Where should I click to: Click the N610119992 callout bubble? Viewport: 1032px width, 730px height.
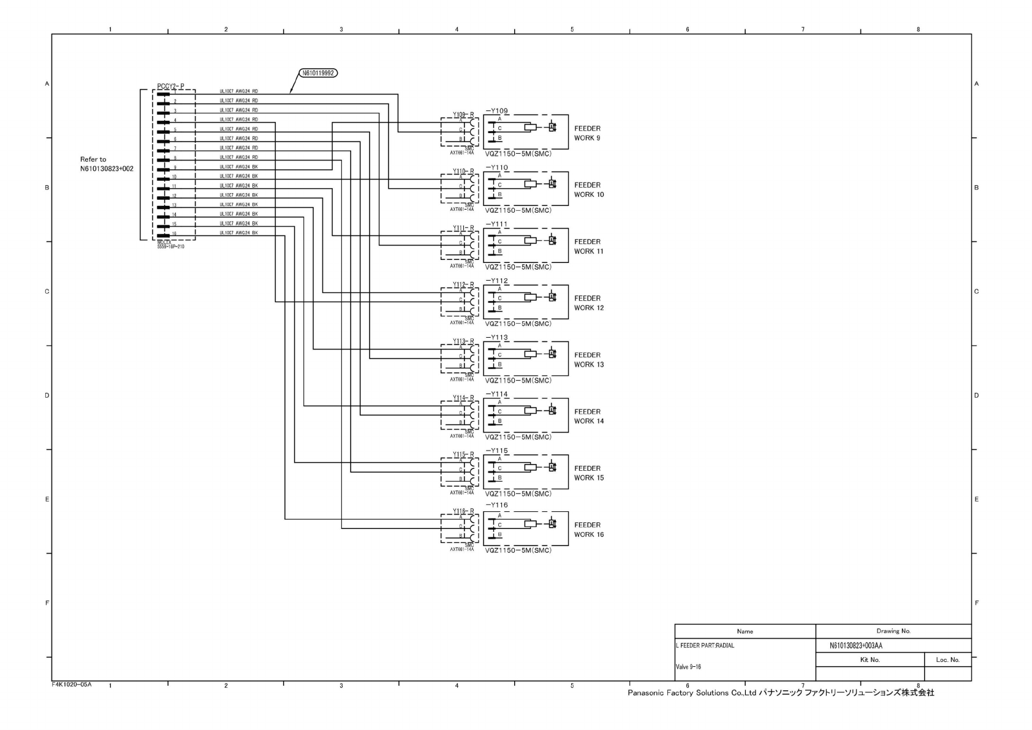coord(318,74)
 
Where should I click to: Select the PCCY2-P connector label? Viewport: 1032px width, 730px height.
coord(170,86)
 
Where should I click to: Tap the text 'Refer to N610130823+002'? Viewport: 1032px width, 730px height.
coord(106,164)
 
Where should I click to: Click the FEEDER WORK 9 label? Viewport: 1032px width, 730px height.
coord(587,133)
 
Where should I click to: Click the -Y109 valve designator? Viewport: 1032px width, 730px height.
coord(496,111)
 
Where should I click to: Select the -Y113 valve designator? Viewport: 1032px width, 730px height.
coord(496,338)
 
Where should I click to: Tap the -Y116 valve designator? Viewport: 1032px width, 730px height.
coord(496,505)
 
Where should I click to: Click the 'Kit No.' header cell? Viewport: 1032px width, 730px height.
coord(870,660)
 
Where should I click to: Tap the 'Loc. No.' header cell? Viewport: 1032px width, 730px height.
coord(947,660)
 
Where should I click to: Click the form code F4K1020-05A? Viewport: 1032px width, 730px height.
coord(72,684)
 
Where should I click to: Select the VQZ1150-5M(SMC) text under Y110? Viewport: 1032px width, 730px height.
coord(518,210)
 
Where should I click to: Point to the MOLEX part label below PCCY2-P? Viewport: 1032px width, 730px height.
coord(170,245)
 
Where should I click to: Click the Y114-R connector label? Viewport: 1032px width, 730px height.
coord(463,398)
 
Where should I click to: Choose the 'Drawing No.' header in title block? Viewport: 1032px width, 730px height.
coord(893,631)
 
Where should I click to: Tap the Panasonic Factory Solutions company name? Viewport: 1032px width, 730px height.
coord(780,693)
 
